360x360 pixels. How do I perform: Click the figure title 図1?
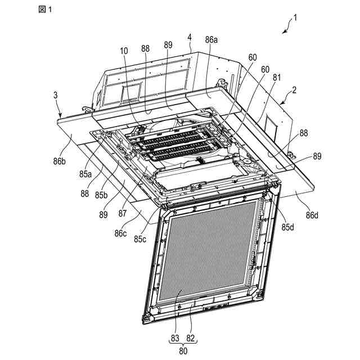click(45, 10)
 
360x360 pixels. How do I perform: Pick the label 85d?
click(289, 228)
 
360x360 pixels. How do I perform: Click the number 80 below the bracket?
click(183, 349)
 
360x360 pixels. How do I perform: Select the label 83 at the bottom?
click(175, 337)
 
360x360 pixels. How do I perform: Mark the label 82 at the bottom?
click(191, 337)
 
